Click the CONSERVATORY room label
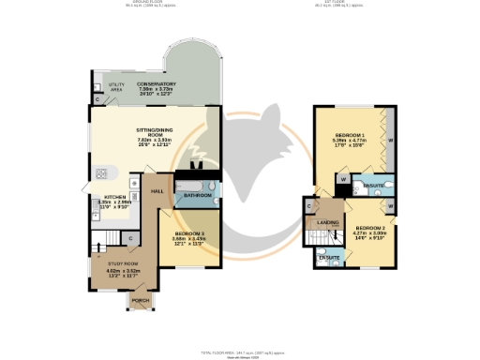pyautogui.click(x=157, y=84)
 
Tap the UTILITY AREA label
pyautogui.click(x=116, y=86)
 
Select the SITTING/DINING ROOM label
pyautogui.click(x=157, y=135)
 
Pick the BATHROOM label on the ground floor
pyautogui.click(x=198, y=195)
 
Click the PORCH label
pyautogui.click(x=141, y=300)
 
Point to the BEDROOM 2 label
pyautogui.click(x=369, y=227)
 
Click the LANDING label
pyautogui.click(x=328, y=222)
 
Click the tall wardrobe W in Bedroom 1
pyautogui.click(x=391, y=141)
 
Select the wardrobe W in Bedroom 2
pyautogui.click(x=391, y=204)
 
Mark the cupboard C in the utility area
pyautogui.click(x=97, y=99)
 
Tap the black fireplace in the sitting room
pyautogui.click(x=195, y=170)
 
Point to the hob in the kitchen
pyautogui.click(x=99, y=173)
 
